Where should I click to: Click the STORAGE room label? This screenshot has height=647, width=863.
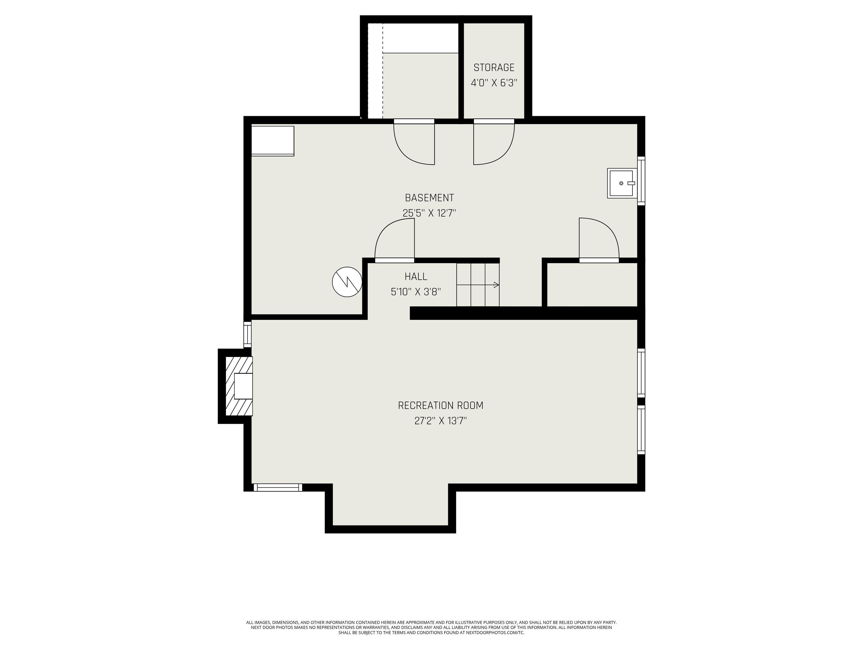click(x=494, y=67)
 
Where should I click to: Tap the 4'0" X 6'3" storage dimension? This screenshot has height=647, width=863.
click(x=494, y=83)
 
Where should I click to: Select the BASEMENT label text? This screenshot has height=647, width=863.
click(x=429, y=198)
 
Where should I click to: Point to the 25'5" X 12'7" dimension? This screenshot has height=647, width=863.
click(x=429, y=213)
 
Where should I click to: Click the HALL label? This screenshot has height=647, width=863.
click(x=416, y=277)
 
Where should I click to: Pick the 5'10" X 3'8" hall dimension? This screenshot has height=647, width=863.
click(x=416, y=292)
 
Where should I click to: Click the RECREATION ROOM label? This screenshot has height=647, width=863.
click(x=440, y=405)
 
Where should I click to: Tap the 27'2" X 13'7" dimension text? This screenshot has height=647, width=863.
click(x=440, y=421)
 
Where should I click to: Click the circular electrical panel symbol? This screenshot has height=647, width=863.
click(x=347, y=282)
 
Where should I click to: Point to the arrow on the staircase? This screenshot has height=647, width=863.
click(x=478, y=285)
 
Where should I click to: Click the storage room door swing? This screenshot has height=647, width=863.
click(x=494, y=142)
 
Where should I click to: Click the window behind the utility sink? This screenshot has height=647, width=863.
click(x=641, y=181)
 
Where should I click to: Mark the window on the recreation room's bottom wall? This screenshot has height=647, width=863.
click(x=278, y=487)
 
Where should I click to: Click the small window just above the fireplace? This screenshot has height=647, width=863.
click(x=247, y=334)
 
